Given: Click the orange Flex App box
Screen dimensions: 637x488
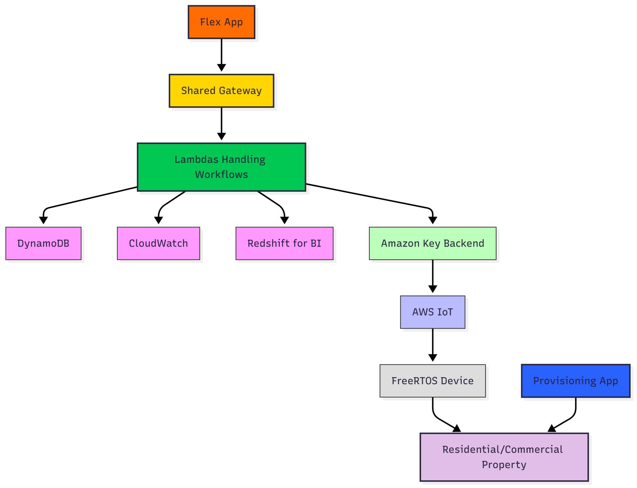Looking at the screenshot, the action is (221, 22).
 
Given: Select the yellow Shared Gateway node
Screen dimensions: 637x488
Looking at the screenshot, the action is (221, 91).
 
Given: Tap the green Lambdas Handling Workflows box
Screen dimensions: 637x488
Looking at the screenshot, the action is (221, 167).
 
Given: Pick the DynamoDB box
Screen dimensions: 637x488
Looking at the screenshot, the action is (43, 243).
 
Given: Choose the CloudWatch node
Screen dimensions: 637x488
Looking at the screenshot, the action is (158, 243).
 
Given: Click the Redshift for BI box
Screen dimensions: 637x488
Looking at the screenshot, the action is (284, 243).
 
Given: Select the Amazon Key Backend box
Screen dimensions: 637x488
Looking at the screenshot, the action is (433, 243).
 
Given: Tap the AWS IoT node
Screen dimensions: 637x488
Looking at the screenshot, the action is (433, 312).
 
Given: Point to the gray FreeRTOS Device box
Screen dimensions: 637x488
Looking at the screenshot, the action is (433, 381).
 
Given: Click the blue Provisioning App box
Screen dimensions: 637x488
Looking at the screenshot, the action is (576, 381).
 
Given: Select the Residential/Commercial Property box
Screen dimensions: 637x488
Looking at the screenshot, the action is (504, 457).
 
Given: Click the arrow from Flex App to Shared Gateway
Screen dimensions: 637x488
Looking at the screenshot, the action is (221, 55).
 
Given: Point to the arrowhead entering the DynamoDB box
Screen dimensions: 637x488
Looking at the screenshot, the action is (43, 220).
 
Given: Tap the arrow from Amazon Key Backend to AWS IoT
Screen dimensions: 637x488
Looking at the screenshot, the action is (433, 276).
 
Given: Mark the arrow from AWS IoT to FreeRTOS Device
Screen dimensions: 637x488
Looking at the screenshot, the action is (433, 345).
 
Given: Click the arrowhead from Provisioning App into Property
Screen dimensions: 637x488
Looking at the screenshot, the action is (552, 428).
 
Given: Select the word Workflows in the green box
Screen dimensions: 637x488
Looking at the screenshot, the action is (221, 174).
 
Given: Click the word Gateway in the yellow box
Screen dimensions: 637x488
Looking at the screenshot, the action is (240, 91).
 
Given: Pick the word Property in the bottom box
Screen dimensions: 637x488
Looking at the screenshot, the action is (504, 465).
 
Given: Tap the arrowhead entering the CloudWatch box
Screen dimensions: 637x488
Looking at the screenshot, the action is (158, 220).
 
